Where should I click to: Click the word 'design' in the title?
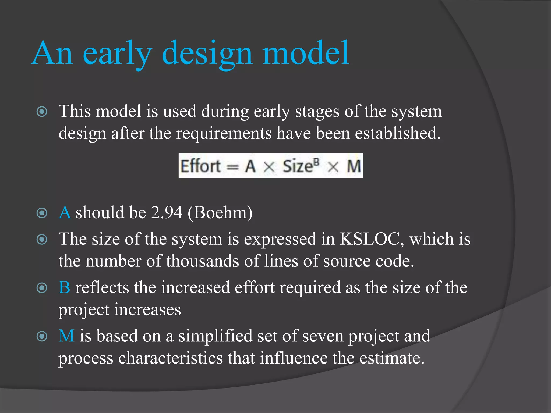(x=207, y=54)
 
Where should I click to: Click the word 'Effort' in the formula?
(x=200, y=166)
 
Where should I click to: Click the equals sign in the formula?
(x=232, y=167)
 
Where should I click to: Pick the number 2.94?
(x=167, y=212)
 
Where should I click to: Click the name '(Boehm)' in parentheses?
(x=220, y=212)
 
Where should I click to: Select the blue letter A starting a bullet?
(x=65, y=212)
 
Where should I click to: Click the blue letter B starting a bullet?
(x=64, y=287)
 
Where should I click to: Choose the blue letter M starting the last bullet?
(x=66, y=336)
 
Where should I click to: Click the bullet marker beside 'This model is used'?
(x=42, y=112)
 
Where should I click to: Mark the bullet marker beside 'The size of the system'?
(x=42, y=239)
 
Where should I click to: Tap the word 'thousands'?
(x=202, y=261)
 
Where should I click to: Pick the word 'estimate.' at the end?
(x=392, y=358)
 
